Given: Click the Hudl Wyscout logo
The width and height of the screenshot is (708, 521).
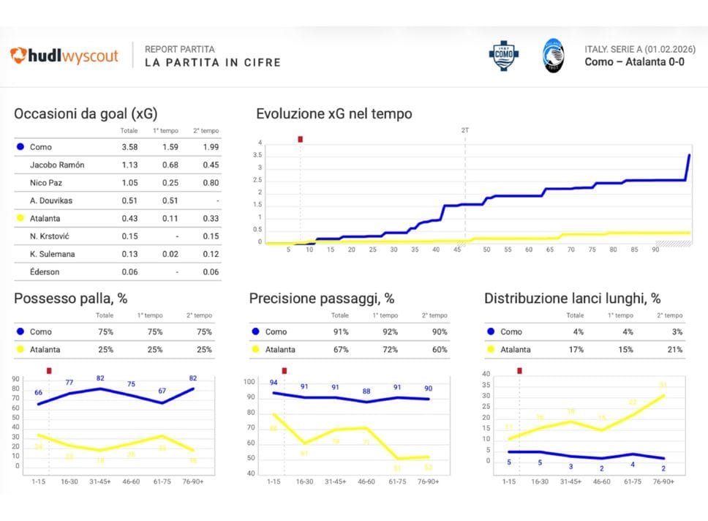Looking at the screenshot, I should coord(64,56).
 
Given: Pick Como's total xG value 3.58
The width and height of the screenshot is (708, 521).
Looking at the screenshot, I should coord(129,147).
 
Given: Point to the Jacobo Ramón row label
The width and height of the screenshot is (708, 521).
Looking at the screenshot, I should coord(57,165).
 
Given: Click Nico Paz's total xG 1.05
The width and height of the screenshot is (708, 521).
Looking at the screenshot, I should coord(129,182).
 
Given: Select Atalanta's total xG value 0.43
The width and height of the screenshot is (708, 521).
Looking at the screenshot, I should coord(129,217).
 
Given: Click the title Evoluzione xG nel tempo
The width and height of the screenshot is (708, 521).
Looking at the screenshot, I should coord(334,113).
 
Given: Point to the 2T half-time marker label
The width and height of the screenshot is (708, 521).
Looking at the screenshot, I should coord(465,130).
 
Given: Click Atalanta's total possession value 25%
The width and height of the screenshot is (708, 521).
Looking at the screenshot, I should coord(105,350).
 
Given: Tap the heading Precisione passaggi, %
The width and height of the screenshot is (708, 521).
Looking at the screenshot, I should coord(322,299).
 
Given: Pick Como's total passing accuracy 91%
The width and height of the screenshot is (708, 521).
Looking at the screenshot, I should coord(340,332).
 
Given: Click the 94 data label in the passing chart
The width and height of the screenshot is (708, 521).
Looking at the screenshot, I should coord(274,383).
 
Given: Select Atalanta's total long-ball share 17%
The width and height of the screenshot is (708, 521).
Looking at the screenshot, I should coord(576,350).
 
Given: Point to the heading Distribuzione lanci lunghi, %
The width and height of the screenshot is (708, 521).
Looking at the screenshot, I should coord(572,299).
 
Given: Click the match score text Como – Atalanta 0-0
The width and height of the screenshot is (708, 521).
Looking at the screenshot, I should coord(634,62).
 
